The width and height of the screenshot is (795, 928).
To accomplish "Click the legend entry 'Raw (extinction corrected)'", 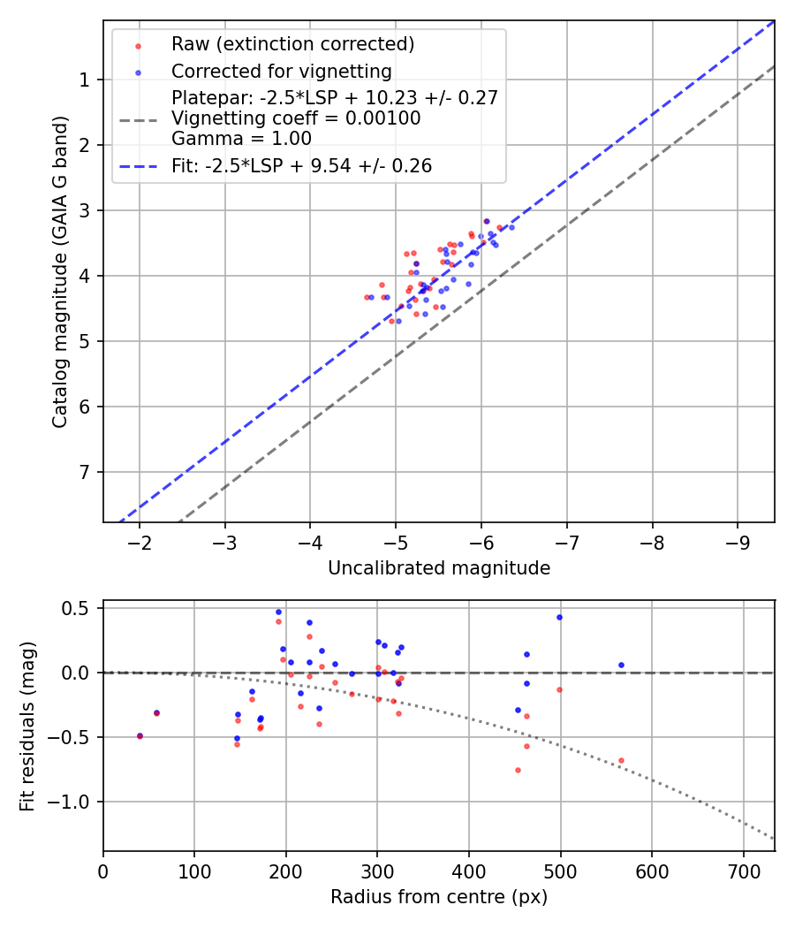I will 292,44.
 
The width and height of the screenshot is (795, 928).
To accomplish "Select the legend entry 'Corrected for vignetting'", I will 281,71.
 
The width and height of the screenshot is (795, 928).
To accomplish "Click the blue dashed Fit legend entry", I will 301,166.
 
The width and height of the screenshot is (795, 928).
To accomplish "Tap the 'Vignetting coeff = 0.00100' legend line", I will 296,118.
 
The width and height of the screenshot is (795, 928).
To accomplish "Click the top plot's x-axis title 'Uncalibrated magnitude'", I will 439,568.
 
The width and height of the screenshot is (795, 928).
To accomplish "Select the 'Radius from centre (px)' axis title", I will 439,897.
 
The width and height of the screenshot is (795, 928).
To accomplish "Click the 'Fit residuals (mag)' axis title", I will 27,726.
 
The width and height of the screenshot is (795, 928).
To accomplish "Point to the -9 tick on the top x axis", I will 738,541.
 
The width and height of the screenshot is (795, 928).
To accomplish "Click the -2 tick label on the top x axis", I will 140,541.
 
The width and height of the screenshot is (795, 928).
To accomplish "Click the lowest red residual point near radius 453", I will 518,770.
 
